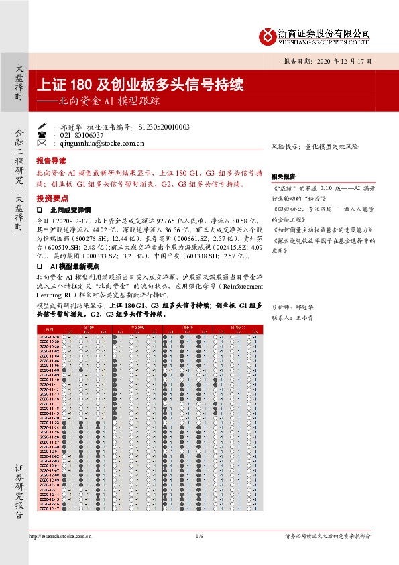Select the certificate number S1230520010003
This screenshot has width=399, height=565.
click(163, 127)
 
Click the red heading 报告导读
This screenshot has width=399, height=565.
click(51, 162)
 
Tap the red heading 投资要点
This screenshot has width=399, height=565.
click(51, 199)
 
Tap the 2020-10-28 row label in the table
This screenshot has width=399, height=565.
click(52, 336)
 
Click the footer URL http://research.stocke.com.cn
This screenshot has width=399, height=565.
click(60, 536)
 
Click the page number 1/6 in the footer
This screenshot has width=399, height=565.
click(199, 536)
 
